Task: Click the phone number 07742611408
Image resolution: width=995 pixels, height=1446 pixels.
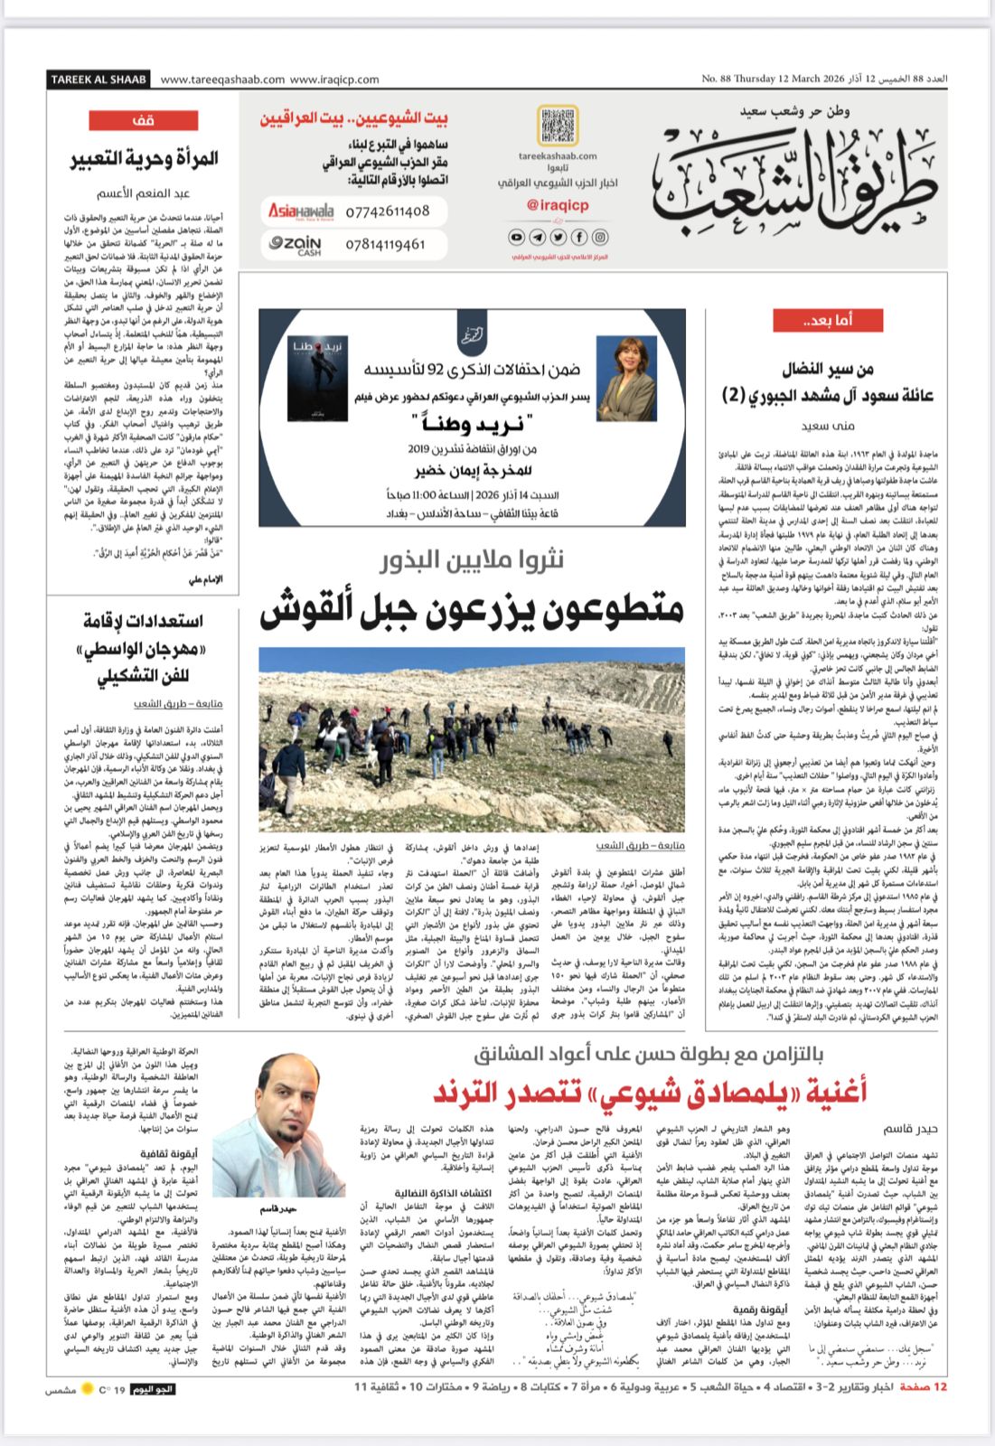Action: (387, 211)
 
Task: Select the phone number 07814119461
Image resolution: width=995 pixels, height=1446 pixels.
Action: (385, 244)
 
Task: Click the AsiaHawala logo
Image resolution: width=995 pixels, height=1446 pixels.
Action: (300, 211)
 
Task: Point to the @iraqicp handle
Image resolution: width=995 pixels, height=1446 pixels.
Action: (558, 205)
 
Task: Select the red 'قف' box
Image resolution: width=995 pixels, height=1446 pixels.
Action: (143, 120)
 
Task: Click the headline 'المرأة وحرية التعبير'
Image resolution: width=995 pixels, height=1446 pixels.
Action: (145, 158)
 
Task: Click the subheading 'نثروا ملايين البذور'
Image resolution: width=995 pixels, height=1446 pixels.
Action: (472, 560)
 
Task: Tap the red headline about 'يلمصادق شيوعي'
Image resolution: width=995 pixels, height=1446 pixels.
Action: (648, 1092)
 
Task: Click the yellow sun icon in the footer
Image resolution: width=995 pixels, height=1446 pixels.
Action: (88, 1388)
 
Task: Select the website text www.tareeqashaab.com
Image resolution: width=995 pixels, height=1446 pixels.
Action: (222, 80)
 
